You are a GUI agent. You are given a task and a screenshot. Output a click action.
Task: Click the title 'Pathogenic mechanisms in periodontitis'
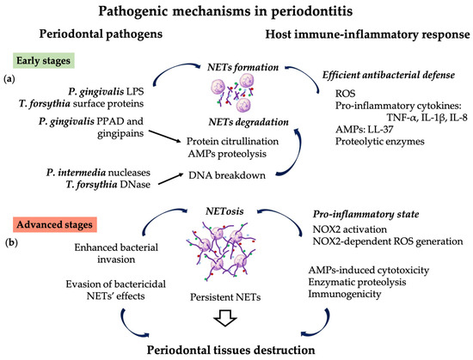point(236,12)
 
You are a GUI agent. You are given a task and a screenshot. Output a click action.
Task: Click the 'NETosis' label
point(236,209)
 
